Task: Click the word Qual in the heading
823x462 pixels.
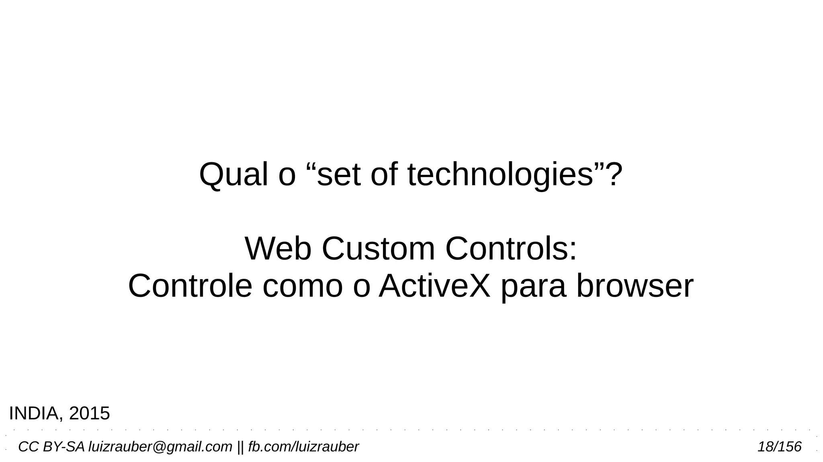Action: [x=233, y=175]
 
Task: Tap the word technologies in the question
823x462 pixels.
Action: [x=500, y=175]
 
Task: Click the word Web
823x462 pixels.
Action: [x=278, y=249]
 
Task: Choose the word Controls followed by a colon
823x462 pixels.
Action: [x=510, y=249]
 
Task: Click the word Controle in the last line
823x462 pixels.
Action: [x=190, y=286]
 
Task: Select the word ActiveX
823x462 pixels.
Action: [x=434, y=286]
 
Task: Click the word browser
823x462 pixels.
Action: [x=635, y=286]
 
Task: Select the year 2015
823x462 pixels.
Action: [x=89, y=413]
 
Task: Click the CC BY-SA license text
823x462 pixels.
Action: [x=51, y=447]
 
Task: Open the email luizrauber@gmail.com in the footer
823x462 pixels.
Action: [x=160, y=447]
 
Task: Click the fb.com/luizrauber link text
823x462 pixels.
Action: [x=303, y=447]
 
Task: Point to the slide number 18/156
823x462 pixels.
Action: [x=779, y=447]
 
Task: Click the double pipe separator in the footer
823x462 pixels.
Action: [x=240, y=447]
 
